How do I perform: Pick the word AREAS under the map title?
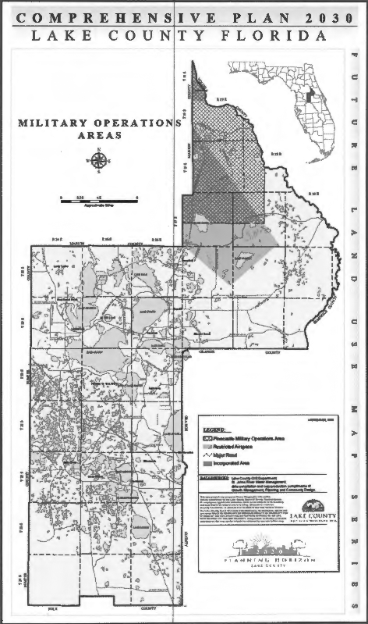point(99,136)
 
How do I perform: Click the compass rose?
point(99,162)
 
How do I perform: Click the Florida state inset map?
point(310,99)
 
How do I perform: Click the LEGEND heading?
point(217,430)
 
